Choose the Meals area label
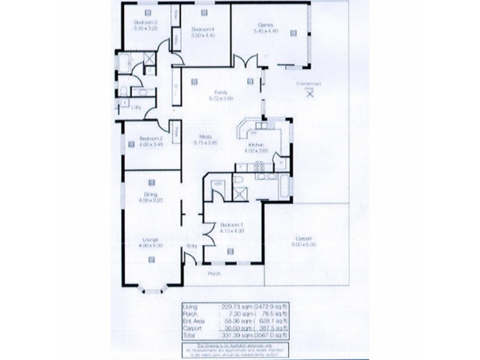(x=200, y=137)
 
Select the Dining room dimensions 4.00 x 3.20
(x=151, y=200)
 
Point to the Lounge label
(x=151, y=239)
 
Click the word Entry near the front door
(x=192, y=245)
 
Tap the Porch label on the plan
(x=214, y=274)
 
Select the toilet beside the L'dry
(x=122, y=91)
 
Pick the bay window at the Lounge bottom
(x=151, y=290)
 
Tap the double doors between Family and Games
(x=241, y=62)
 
